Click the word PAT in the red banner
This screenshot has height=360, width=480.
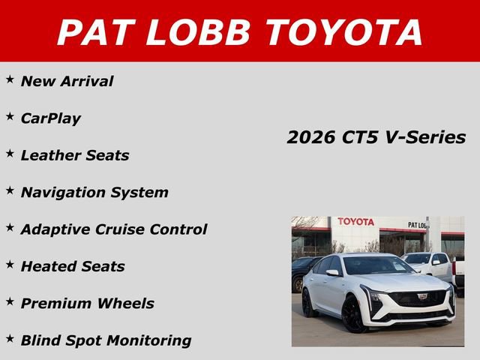pyautogui.click(x=94, y=32)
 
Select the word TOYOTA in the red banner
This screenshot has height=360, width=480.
pyautogui.click(x=344, y=32)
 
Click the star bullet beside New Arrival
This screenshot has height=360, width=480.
pyautogui.click(x=10, y=79)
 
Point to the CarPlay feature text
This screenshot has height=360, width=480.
pyautogui.click(x=51, y=118)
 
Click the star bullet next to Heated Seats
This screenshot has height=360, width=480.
pyautogui.click(x=10, y=264)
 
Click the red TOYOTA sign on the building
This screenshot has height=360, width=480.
pyautogui.click(x=355, y=222)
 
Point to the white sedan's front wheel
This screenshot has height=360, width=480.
pyautogui.click(x=352, y=315)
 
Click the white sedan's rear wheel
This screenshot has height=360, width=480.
pyautogui.click(x=307, y=303)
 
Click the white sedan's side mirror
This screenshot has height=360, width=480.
pyautogui.click(x=332, y=273)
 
